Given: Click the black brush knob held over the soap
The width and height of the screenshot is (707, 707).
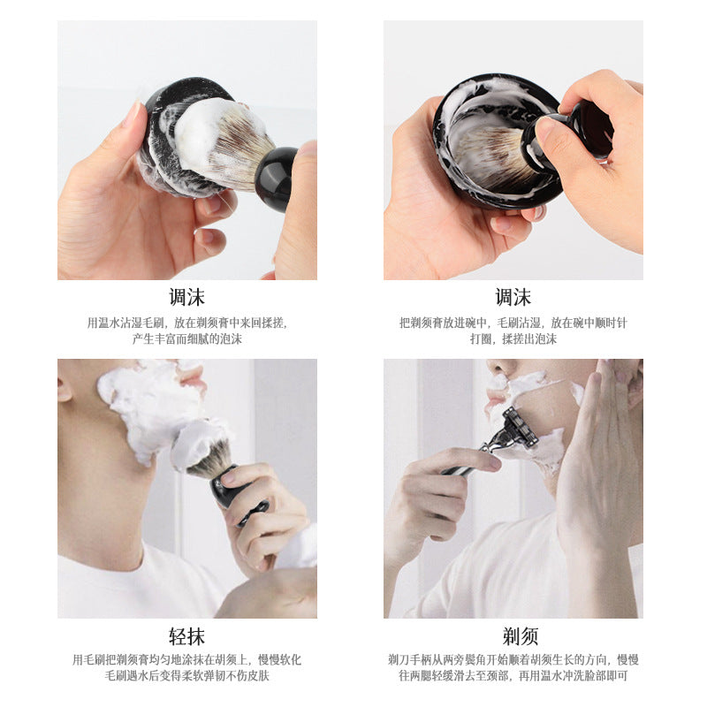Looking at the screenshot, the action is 276,179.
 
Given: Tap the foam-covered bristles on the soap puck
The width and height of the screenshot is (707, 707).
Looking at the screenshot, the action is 221,141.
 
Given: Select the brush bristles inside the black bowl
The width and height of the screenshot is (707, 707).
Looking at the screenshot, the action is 492,152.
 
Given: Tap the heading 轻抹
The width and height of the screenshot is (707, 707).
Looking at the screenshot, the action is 187,636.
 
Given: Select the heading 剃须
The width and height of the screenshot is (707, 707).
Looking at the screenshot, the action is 521,636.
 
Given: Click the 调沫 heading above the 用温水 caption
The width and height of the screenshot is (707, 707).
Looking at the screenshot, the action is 187,297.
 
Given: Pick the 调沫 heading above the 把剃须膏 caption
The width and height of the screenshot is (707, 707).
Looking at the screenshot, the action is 513,297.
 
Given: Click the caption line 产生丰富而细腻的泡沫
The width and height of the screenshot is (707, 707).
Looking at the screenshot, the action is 187,338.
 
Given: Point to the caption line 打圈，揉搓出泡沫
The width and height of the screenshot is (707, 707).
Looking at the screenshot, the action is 513,338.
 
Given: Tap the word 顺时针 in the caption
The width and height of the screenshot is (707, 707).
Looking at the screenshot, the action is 611,323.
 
